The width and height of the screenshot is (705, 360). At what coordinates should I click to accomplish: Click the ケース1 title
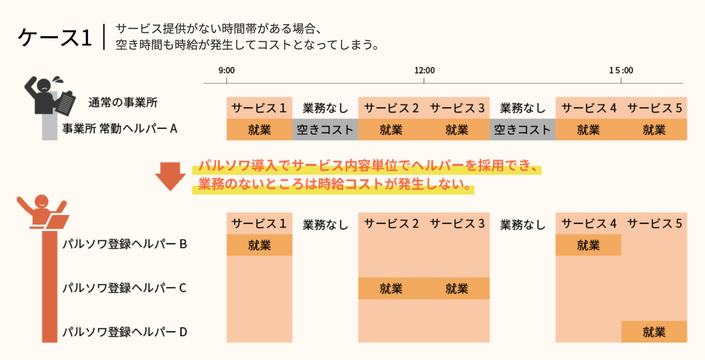[x=55, y=38]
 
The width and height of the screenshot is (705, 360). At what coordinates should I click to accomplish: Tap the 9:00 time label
[x=226, y=70]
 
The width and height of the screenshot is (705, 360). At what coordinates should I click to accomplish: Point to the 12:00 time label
[x=424, y=70]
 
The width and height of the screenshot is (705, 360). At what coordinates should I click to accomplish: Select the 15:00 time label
[x=621, y=70]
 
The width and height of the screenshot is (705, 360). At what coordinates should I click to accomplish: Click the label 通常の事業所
[x=123, y=103]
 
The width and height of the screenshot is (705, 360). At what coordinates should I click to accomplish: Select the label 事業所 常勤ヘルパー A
[x=120, y=129]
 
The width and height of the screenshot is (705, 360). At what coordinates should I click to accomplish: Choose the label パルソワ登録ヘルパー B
[x=125, y=244]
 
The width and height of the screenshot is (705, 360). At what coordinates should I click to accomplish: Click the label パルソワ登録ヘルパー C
[x=124, y=288]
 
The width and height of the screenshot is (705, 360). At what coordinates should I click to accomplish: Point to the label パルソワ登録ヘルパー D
[x=125, y=332]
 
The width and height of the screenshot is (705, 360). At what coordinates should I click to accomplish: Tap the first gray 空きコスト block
[x=325, y=129]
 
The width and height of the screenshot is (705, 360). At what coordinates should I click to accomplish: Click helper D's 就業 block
[x=654, y=332]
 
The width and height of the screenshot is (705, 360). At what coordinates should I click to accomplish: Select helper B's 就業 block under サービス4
[x=588, y=245]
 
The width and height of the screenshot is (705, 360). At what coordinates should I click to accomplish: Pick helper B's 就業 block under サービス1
[x=259, y=245]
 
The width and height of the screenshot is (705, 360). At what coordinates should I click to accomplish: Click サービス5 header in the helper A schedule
[x=654, y=108]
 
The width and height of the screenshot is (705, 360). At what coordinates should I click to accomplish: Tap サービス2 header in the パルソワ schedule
[x=391, y=223]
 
